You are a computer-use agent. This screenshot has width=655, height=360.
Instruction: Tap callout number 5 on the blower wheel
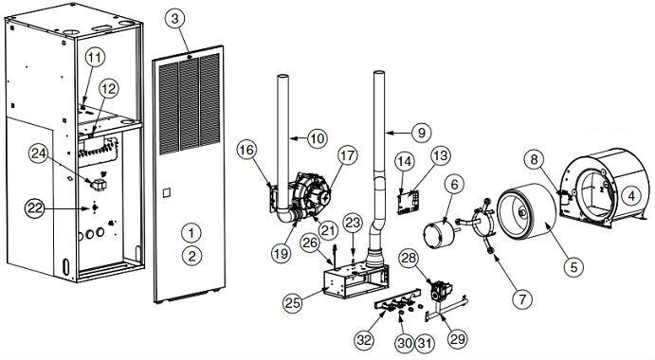571,267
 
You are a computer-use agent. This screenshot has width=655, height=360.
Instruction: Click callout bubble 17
344,155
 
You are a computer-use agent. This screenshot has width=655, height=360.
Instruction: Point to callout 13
440,156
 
